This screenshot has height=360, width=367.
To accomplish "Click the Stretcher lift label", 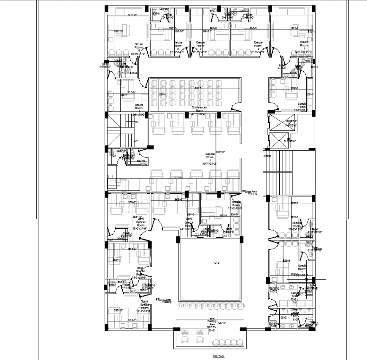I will pos(291,123).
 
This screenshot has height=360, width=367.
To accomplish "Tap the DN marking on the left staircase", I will pos(136,122).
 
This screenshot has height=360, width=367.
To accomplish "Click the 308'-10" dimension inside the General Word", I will pos(220,152).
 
